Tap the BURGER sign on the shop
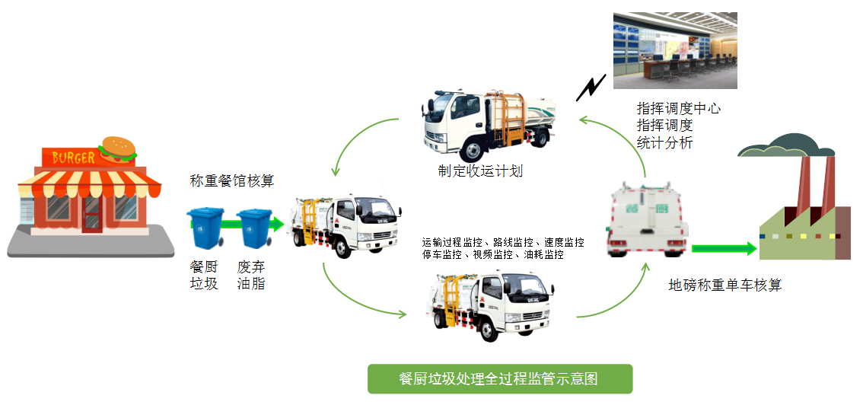[74, 158]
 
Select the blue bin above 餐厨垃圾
[205, 227]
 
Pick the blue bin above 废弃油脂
[253, 227]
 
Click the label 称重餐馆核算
[232, 181]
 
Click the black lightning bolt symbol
[591, 88]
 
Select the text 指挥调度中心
[679, 109]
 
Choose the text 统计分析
[665, 142]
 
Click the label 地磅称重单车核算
[725, 285]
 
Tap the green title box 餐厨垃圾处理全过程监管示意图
[499, 378]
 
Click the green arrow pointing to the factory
[724, 248]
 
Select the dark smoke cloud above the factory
[783, 145]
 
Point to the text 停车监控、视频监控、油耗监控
[493, 255]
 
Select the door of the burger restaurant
[91, 213]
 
